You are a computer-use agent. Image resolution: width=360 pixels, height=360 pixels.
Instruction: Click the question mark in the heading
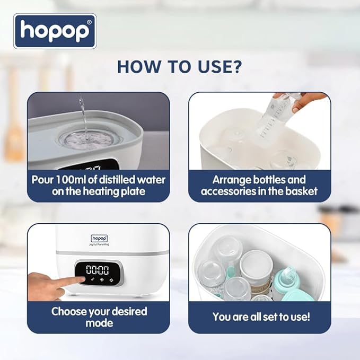(238, 67)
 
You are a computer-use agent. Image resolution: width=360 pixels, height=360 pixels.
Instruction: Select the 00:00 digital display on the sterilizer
(98, 269)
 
